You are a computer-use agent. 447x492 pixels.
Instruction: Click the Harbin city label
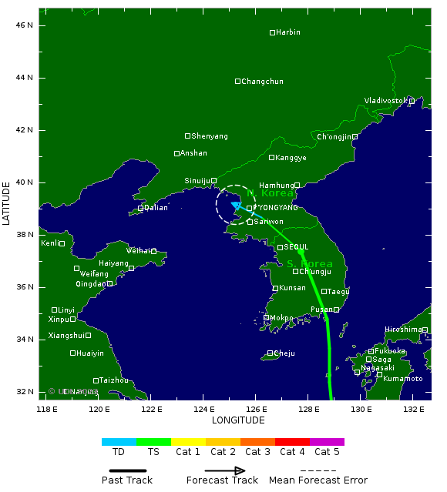[288, 32]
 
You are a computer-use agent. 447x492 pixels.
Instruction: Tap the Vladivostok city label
[385, 101]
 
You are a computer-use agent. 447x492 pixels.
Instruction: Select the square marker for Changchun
[238, 81]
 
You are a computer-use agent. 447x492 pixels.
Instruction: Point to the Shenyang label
[210, 136]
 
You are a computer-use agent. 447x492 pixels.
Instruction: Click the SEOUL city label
[296, 247]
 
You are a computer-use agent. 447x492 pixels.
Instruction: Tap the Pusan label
[321, 310]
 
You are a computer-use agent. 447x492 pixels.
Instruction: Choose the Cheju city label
[284, 353]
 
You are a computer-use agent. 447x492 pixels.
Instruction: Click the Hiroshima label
[403, 330]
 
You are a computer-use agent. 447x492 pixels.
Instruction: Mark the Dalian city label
[156, 208]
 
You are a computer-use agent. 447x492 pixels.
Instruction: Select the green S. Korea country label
[310, 264]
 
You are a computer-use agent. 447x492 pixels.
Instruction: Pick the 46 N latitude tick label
[25, 25]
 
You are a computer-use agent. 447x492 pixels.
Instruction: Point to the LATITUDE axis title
[7, 203]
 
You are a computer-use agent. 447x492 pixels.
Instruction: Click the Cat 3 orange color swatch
[257, 442]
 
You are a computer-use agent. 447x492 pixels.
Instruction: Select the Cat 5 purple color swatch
[327, 442]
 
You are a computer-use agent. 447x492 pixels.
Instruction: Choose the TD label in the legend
[119, 452]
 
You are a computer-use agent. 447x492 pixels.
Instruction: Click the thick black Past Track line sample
[127, 470]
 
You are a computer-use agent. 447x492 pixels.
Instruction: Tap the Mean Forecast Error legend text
[318, 480]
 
